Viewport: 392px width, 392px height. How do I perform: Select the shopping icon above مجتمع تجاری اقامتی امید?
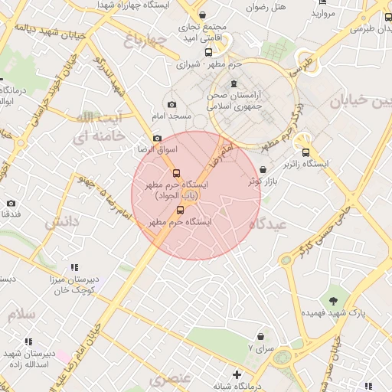202,15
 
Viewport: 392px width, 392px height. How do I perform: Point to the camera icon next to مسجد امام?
171,105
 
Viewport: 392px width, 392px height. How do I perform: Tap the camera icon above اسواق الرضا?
157,139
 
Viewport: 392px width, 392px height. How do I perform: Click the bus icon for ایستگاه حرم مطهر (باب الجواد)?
176,174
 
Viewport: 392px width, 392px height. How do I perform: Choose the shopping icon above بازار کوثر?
264,170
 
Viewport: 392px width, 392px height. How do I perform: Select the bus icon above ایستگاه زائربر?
306,152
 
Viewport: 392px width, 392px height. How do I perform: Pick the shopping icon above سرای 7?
260,336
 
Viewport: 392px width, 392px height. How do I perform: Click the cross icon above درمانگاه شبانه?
238,374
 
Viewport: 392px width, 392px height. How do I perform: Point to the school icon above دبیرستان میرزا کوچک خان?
74,266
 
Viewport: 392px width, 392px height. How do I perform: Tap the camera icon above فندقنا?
11,203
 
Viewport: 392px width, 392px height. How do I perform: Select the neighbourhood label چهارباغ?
144,41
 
